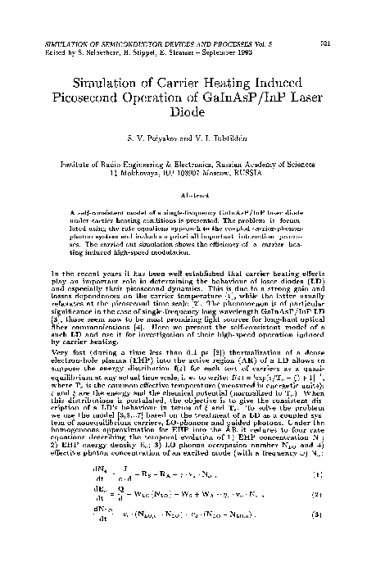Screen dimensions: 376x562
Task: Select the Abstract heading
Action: point(188,195)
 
